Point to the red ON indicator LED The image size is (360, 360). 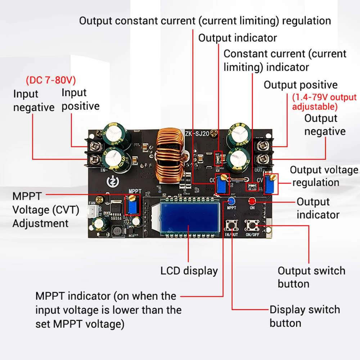click(x=252, y=201)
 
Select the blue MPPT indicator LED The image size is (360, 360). click(x=231, y=201)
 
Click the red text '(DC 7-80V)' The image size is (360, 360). click(x=51, y=80)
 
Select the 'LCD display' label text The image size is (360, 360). click(x=189, y=271)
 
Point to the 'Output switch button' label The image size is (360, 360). click(x=311, y=277)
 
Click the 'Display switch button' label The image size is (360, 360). click(x=305, y=316)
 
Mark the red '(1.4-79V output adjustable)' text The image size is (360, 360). click(x=324, y=102)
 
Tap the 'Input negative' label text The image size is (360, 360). click(x=33, y=101)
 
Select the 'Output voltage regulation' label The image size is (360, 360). click(x=324, y=176)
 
